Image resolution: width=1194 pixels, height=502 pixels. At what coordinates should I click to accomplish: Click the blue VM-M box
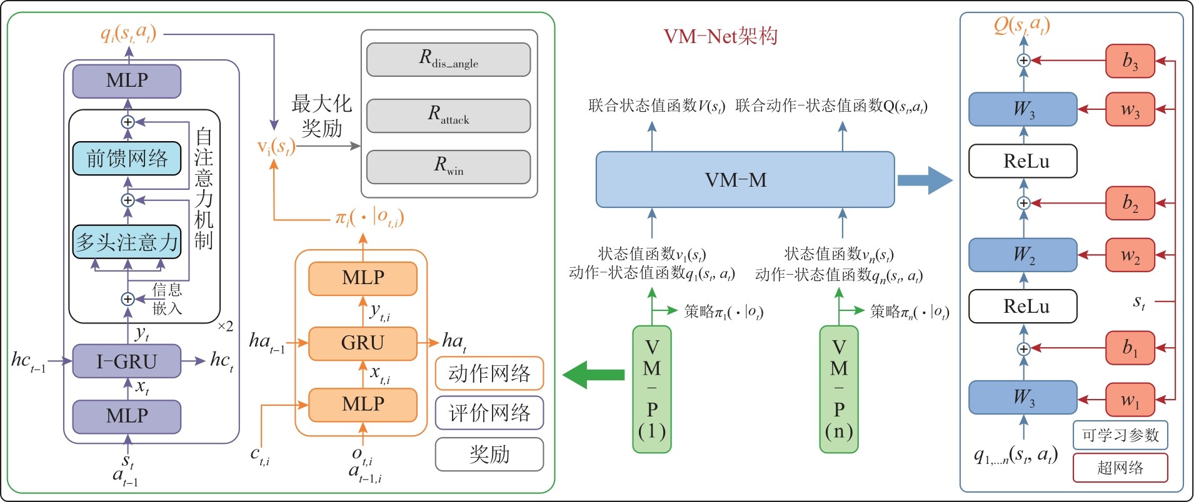745,180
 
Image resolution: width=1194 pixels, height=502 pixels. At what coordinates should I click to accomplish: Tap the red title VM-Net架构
721,36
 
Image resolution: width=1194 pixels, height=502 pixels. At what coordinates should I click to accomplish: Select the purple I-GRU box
126,361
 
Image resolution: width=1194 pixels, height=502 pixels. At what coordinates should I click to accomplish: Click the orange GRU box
363,343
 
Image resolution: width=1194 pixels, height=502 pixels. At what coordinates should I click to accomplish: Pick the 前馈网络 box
127,158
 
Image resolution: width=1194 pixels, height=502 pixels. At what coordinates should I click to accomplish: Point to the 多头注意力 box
127,242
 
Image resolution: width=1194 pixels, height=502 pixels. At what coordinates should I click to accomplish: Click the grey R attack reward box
448,116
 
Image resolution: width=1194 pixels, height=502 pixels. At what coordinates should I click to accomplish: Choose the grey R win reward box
448,167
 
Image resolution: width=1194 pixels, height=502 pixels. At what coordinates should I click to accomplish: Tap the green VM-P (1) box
652,389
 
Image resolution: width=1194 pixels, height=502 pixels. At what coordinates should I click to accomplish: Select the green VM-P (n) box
839,389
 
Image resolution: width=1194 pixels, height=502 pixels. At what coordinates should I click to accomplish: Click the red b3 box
1130,61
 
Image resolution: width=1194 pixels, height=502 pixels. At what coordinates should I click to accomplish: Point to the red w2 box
1130,255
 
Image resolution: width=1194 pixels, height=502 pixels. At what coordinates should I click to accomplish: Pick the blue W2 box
1023,255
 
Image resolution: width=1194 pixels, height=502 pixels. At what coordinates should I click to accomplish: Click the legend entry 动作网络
489,373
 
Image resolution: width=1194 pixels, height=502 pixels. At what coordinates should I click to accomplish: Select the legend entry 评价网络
489,413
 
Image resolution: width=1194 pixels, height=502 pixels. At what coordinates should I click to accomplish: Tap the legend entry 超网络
1120,468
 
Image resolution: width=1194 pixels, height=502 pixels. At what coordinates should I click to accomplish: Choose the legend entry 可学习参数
1120,435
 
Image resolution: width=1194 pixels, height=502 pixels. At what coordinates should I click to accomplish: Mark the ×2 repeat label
226,326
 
